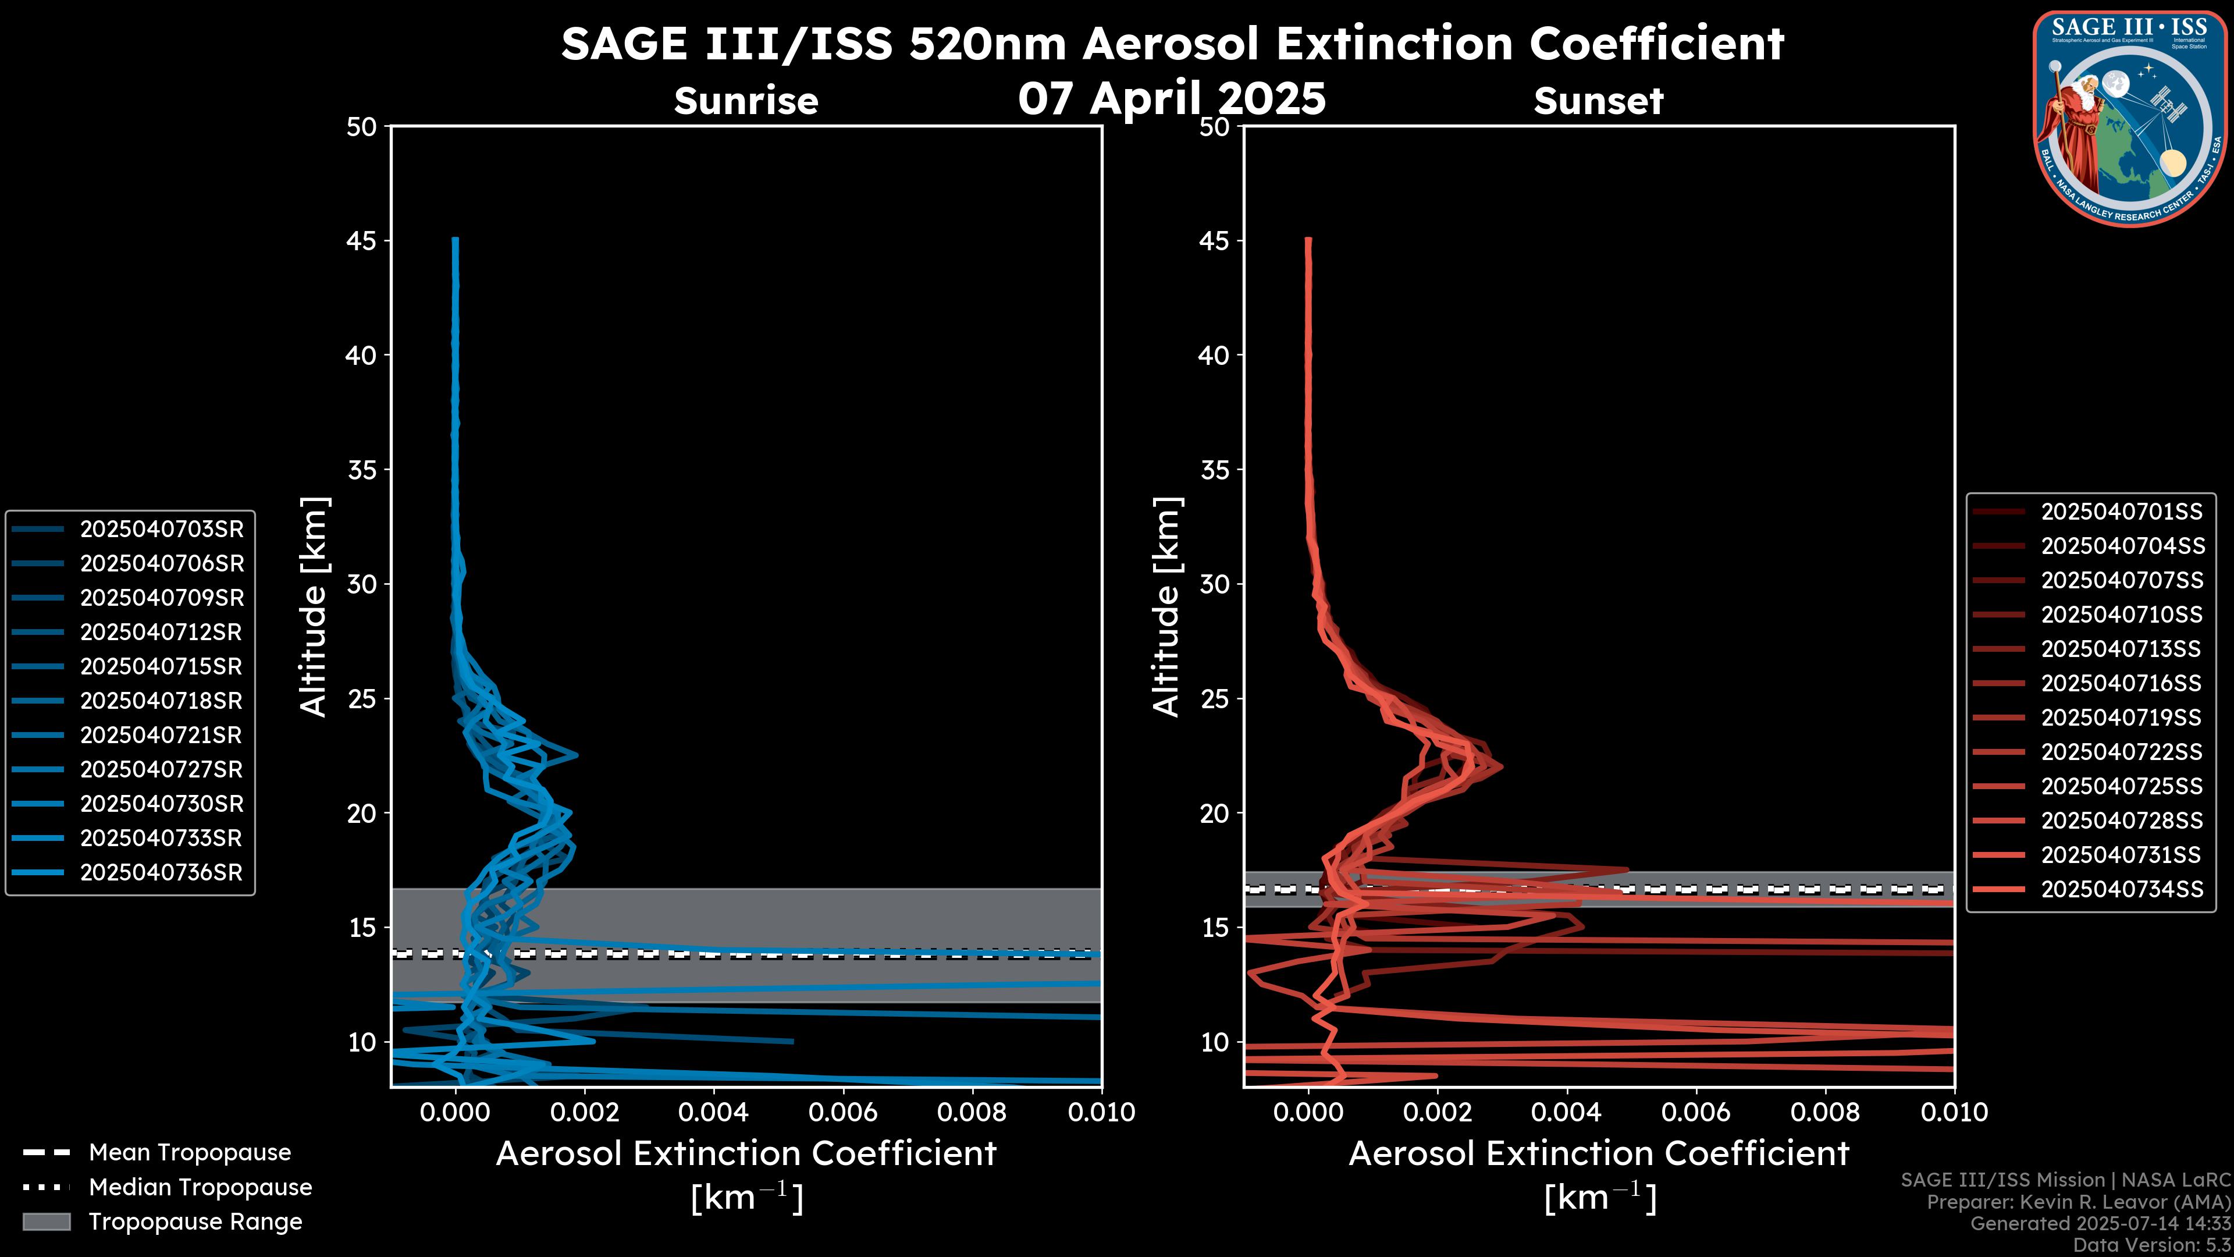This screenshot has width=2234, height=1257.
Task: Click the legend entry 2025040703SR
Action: [161, 529]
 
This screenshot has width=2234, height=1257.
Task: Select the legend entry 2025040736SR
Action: [161, 873]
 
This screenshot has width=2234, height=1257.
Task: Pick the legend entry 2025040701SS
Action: [2121, 512]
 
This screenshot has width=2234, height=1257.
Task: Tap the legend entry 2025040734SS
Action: [2121, 889]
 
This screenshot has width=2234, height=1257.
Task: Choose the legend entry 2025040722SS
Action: [2121, 752]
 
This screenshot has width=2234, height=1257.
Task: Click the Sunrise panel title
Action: [746, 101]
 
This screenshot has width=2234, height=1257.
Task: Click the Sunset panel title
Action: [1598, 101]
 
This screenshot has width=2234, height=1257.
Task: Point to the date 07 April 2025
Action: [1172, 98]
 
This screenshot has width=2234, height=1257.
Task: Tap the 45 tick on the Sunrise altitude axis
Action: [362, 241]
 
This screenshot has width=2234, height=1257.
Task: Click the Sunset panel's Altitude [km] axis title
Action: [1166, 606]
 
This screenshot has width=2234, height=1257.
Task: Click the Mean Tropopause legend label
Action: [190, 1153]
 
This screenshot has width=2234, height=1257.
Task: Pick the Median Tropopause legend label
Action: [200, 1188]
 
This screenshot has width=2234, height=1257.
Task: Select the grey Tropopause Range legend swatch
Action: [47, 1222]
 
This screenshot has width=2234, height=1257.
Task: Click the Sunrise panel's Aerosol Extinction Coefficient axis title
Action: [746, 1155]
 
